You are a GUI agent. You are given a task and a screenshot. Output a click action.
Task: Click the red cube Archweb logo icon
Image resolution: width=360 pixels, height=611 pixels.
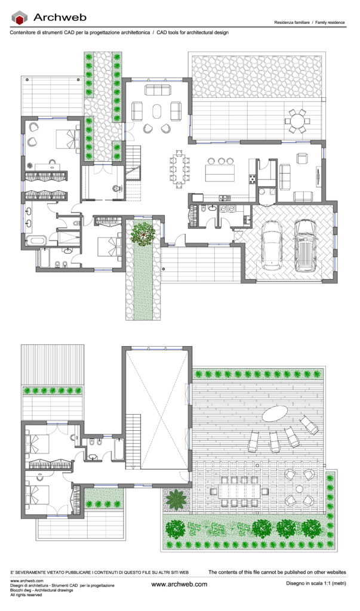click(20, 17)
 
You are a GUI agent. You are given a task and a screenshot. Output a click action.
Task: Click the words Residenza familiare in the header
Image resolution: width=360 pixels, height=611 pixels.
click(292, 23)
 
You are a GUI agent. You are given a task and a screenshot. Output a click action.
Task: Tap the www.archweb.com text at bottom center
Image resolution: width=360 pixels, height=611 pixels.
click(179, 584)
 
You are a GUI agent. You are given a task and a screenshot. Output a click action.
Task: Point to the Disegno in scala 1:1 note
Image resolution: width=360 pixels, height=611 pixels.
click(316, 584)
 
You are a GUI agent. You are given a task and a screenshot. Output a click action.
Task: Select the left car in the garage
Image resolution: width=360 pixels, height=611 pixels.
click(272, 245)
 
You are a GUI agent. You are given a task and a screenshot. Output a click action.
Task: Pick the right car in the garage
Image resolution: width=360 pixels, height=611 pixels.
click(306, 245)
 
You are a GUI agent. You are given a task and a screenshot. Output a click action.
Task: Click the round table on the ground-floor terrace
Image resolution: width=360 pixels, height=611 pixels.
click(297, 121)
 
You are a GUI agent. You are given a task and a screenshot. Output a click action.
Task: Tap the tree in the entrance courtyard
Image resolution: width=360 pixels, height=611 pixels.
click(143, 233)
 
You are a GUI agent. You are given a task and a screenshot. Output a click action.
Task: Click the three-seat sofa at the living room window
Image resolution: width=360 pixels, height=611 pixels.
click(158, 90)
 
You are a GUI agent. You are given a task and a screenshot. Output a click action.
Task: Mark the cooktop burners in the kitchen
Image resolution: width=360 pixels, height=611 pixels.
click(253, 179)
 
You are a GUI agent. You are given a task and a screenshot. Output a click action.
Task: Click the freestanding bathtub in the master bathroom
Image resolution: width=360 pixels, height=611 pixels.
click(36, 239)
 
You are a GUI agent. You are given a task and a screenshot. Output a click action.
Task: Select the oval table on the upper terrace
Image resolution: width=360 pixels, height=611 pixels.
click(275, 413)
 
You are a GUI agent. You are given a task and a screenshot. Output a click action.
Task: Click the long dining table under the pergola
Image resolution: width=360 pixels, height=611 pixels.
click(239, 491)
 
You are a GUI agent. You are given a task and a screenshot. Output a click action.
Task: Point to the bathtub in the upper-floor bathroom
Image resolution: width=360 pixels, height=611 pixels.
click(119, 449)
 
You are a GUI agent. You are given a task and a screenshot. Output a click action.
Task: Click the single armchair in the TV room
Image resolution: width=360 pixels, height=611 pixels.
click(303, 158)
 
